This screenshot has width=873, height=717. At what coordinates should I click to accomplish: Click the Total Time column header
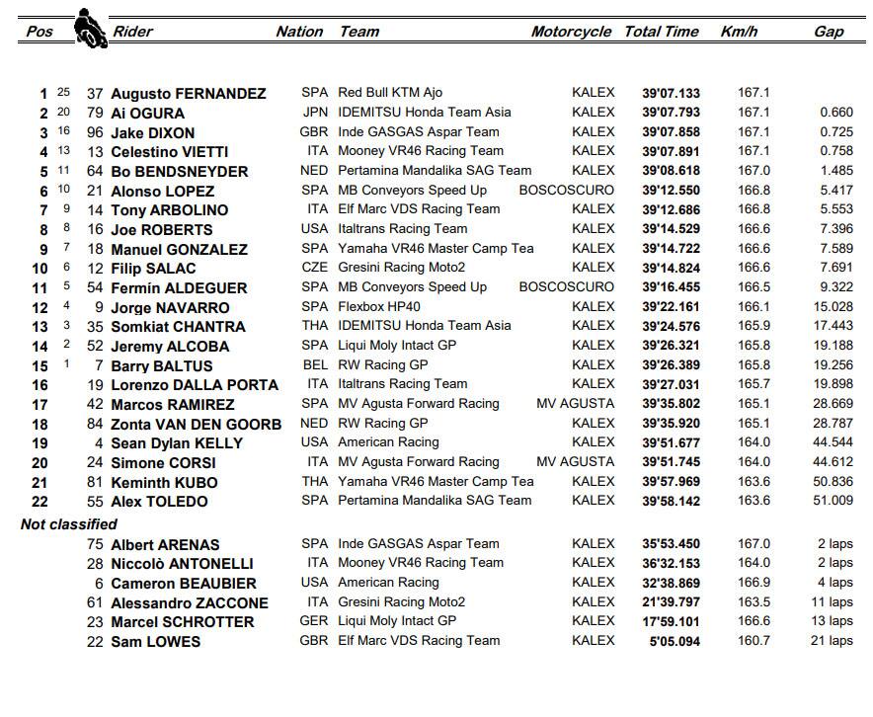(661, 32)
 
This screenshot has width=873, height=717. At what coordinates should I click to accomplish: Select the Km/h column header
(738, 32)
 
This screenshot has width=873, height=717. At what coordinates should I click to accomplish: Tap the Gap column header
(829, 32)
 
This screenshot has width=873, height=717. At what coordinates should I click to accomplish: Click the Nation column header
(299, 32)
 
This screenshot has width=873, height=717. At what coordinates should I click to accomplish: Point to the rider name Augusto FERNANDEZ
(188, 94)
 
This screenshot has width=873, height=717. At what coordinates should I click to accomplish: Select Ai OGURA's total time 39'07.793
(671, 113)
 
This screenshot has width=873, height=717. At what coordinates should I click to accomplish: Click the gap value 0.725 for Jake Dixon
(835, 132)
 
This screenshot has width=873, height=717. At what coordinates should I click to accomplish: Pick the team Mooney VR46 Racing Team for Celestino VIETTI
(421, 151)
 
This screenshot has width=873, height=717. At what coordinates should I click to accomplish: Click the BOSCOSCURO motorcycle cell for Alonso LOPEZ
(566, 191)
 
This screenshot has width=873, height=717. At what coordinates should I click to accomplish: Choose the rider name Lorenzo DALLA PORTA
(195, 384)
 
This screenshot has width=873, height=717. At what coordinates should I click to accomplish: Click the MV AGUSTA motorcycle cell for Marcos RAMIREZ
(575, 404)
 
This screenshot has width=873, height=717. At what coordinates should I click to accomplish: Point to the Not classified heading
(69, 524)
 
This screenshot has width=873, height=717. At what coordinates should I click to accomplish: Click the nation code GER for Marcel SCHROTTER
(314, 621)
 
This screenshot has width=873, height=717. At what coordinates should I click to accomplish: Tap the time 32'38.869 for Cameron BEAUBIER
(671, 583)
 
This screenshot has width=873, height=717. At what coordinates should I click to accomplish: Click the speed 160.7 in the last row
(754, 641)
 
